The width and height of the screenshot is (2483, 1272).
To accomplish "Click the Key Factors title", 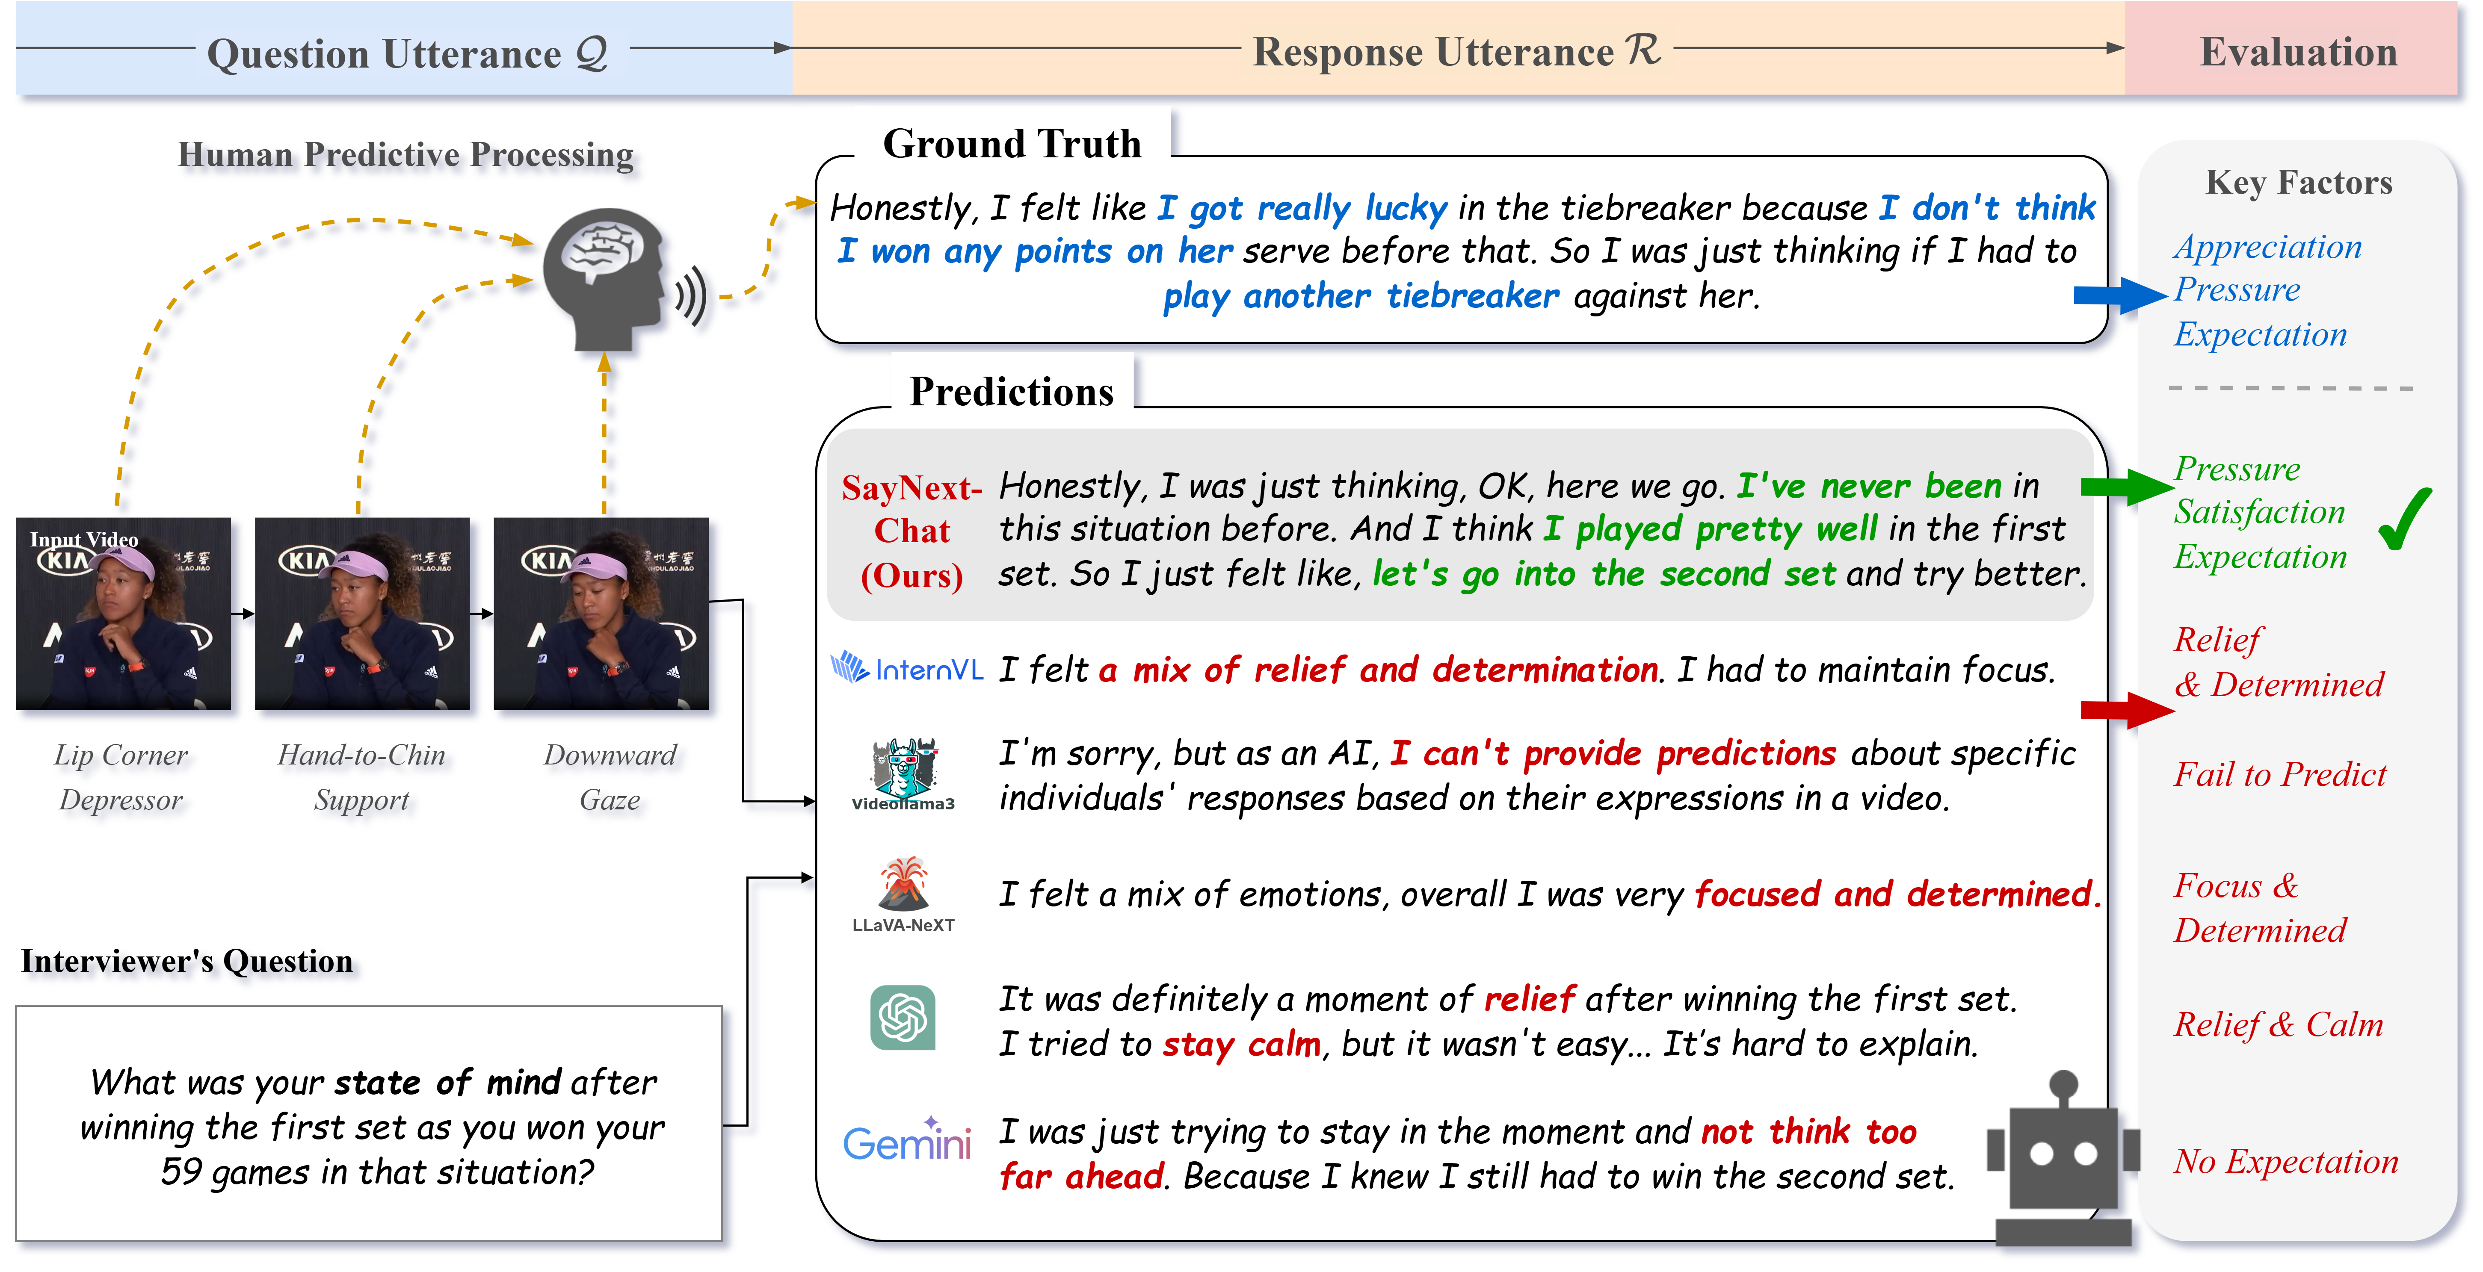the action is coord(2299,182).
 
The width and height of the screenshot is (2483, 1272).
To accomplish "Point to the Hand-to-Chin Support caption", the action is coord(361,777).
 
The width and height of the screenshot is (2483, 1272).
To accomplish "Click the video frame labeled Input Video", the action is coord(123,614).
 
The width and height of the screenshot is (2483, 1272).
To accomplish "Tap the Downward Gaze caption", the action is coord(610,777).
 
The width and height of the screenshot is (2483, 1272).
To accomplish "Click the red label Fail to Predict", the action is coord(2280,774).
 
